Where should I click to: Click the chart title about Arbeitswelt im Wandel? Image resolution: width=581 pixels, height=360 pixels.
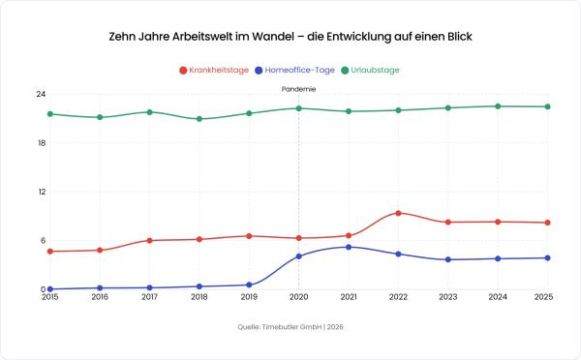click(290, 35)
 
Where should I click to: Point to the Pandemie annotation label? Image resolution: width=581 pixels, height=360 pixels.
click(298, 88)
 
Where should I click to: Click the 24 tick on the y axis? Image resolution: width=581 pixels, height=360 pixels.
click(42, 94)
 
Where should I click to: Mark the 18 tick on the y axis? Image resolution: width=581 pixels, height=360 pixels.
click(42, 143)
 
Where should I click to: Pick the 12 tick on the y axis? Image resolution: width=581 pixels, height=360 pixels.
click(42, 192)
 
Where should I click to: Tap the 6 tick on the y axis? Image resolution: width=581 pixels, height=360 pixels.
click(44, 241)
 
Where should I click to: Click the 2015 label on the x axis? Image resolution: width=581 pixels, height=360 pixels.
click(49, 298)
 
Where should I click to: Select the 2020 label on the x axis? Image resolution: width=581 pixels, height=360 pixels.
click(298, 298)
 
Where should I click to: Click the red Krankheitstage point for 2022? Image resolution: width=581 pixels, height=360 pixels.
click(398, 213)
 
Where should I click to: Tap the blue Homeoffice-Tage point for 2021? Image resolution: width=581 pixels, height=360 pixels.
click(349, 247)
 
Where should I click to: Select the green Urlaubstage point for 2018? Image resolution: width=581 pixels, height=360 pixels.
click(199, 119)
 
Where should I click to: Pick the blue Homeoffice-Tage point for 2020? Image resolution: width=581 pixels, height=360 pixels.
click(298, 256)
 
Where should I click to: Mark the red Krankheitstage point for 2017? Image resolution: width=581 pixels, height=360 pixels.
click(149, 240)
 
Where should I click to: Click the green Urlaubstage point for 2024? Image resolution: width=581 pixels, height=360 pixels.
click(498, 106)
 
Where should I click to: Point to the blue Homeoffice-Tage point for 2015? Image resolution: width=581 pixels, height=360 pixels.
click(49, 288)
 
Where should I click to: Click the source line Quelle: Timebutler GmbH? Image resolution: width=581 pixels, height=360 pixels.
click(290, 327)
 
